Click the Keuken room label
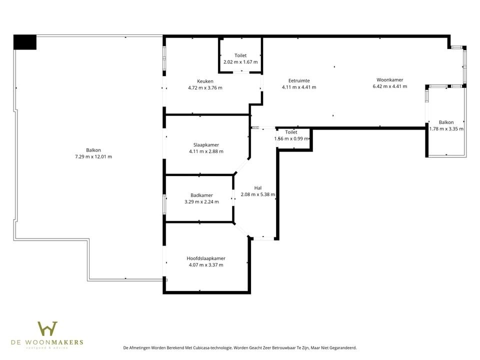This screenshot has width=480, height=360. click(x=205, y=81)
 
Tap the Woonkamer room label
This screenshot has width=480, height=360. click(x=389, y=80)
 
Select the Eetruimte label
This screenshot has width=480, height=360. click(x=299, y=80)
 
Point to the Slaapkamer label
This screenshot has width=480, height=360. click(x=206, y=145)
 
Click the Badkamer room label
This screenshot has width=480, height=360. click(x=201, y=195)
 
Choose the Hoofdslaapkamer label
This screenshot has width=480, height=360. click(x=206, y=258)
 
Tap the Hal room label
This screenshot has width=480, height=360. click(x=257, y=188)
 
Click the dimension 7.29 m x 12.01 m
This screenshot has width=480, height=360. click(x=93, y=156)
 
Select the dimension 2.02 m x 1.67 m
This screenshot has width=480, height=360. click(x=240, y=62)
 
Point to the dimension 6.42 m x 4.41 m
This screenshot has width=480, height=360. click(x=389, y=86)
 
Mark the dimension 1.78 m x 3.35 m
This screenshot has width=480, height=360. click(x=446, y=128)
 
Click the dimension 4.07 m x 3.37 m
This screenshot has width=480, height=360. click(x=206, y=265)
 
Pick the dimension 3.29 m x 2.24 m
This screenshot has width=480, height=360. click(x=201, y=202)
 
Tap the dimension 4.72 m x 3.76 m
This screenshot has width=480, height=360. click(x=205, y=87)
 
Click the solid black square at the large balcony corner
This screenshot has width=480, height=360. click(x=25, y=42)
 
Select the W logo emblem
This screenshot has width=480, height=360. click(x=47, y=329)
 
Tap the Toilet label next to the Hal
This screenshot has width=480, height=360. click(x=291, y=132)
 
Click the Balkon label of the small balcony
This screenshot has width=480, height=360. click(x=446, y=122)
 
